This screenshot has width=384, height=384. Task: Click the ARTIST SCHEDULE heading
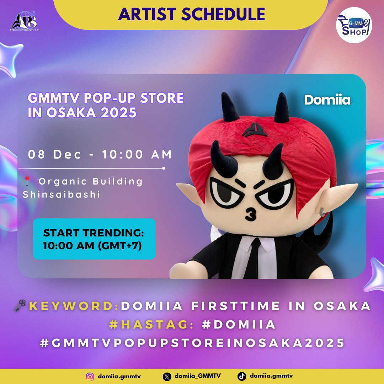tap(192, 14)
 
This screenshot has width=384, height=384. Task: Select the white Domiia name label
tap(327, 100)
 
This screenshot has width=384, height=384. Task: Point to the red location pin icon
tap(27, 182)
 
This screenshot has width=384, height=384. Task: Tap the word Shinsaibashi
tap(62, 195)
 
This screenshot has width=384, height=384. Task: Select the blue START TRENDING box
tap(94, 239)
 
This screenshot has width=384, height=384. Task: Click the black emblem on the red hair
tap(255, 129)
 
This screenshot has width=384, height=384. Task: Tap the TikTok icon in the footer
tap(242, 376)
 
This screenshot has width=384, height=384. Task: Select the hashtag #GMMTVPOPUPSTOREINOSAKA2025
tap(192, 343)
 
